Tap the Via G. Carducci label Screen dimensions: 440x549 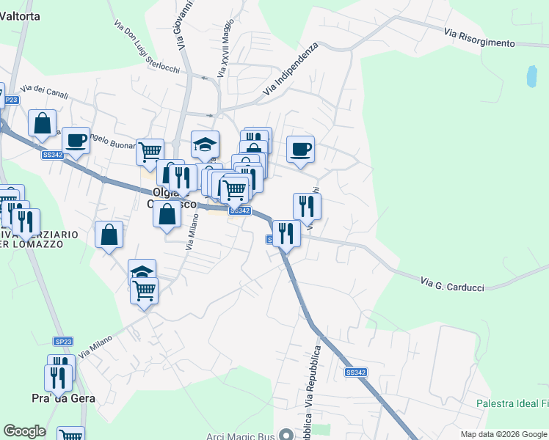click(452, 284)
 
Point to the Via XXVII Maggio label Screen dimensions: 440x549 click(225, 54)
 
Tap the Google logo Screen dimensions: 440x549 click(24, 431)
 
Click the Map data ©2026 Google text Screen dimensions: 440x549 click(503, 434)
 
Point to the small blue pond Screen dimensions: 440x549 click(531, 75)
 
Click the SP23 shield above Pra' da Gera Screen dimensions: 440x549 click(63, 342)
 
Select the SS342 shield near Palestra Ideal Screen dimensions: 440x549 click(355, 373)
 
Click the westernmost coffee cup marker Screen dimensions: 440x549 click(75, 139)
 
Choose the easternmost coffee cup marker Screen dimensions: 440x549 click(300, 149)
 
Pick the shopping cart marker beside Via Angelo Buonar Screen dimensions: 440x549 click(150, 152)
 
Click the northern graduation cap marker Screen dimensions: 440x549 click(206, 144)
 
